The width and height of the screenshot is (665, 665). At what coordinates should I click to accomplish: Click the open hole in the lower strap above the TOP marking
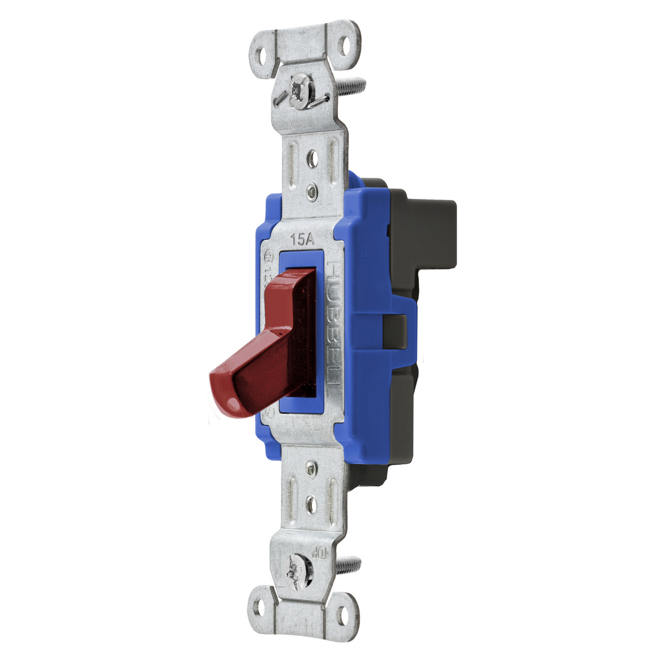(311, 505)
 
